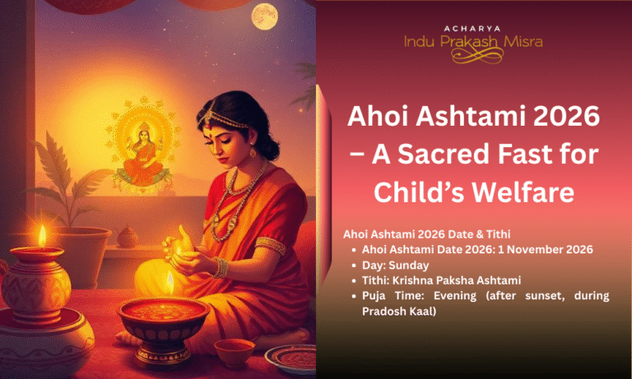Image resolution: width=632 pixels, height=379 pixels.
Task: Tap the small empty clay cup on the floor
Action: pos(234,351)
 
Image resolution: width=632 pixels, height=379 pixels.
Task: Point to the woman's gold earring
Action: pos(252,151)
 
